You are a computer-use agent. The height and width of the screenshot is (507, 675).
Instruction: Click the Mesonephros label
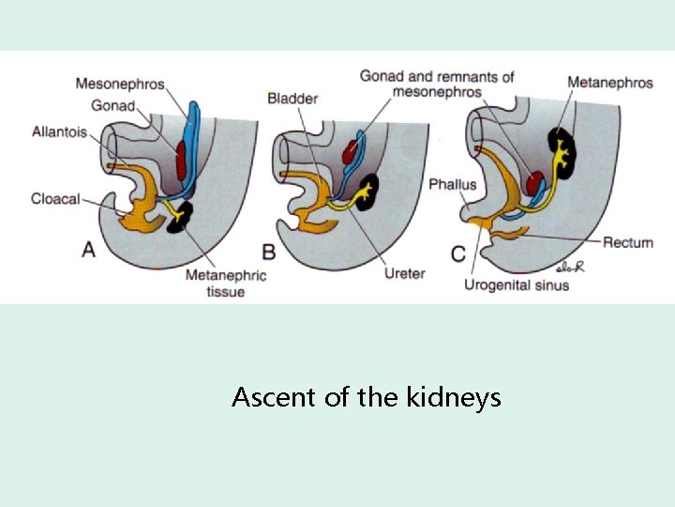click(x=120, y=84)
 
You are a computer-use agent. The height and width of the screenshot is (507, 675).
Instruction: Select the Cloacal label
click(x=55, y=198)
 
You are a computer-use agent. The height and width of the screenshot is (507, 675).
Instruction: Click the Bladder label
click(x=292, y=99)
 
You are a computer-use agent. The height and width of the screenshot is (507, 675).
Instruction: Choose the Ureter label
click(x=405, y=274)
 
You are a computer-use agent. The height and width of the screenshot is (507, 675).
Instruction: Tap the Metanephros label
click(x=610, y=84)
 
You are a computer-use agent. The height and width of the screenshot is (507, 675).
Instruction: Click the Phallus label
click(x=453, y=185)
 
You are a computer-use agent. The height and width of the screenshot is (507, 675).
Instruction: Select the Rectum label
click(x=627, y=242)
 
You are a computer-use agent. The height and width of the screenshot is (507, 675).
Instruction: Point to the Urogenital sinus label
click(x=517, y=284)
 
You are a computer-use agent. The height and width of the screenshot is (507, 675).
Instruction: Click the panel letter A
click(x=89, y=249)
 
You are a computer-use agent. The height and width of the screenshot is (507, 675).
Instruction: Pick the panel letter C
click(x=457, y=252)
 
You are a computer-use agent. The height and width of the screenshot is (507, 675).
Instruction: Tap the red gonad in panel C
click(x=535, y=182)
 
